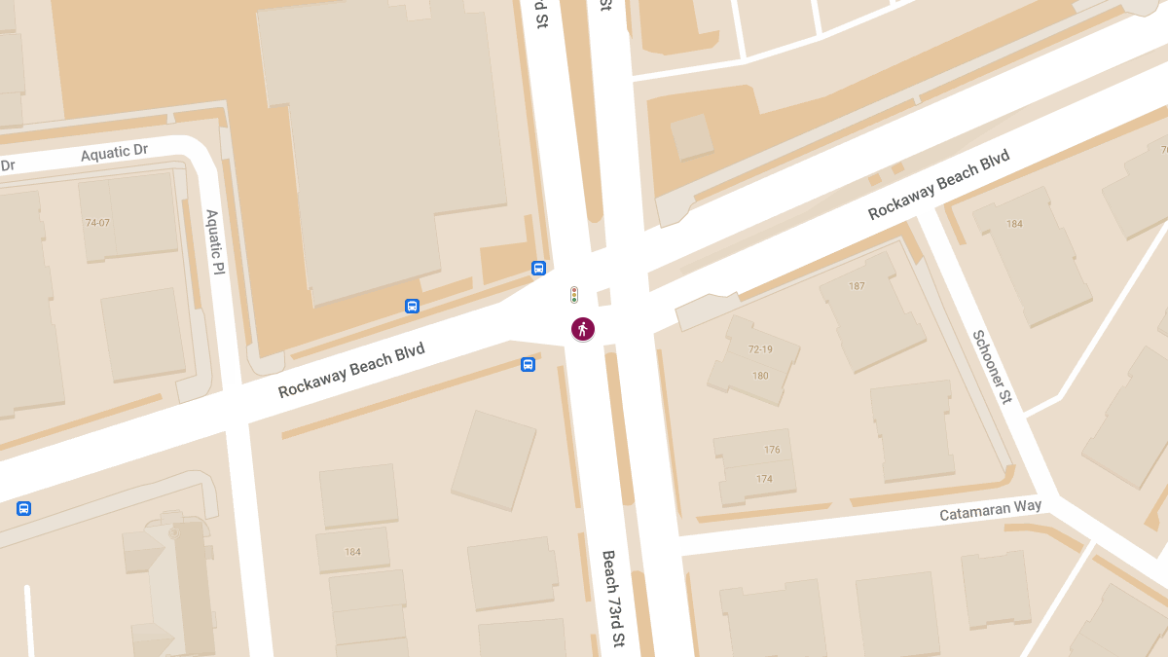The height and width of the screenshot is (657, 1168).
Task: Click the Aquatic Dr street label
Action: coord(114,154)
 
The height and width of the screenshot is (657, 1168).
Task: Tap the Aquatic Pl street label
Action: coord(215,241)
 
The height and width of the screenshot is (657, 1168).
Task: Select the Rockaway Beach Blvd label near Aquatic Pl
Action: coord(351,371)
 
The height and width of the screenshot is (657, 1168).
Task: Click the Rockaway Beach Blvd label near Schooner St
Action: coord(938,184)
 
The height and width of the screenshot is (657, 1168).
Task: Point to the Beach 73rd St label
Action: coord(613,599)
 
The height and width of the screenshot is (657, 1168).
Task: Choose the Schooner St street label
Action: coord(992,368)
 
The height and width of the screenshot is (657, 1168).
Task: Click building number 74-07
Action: coord(97,223)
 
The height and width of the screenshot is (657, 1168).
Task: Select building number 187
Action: coord(857,286)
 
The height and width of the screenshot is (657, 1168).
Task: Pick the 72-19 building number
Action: coord(760,349)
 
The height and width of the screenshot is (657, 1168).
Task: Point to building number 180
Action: coord(760,376)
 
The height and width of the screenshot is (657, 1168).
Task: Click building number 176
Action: coord(772,450)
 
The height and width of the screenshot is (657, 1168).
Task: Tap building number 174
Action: coord(764,479)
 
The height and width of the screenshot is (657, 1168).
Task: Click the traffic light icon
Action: coord(574,294)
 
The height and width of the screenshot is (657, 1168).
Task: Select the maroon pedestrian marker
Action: coord(582,329)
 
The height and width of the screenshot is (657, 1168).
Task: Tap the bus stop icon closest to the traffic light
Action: coord(538,268)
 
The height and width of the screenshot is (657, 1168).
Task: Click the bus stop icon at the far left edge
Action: coord(23,508)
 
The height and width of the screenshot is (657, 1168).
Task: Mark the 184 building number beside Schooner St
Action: coord(1014,224)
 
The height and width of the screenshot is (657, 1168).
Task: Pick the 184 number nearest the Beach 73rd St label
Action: coord(352,552)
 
